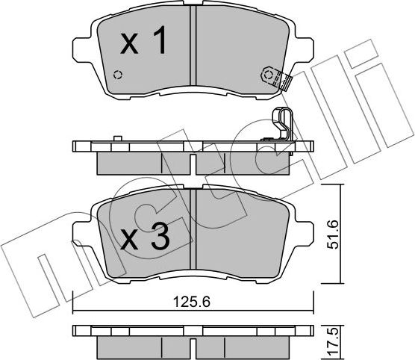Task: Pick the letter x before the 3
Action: click(130, 240)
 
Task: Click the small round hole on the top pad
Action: click(116, 75)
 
